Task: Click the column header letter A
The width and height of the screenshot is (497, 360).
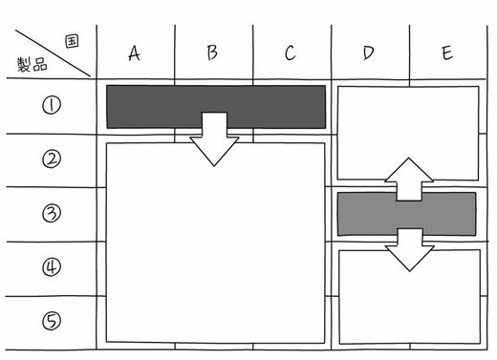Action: point(134,53)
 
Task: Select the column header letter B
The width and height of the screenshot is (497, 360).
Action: point(212,53)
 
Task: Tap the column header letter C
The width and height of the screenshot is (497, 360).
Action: point(290,53)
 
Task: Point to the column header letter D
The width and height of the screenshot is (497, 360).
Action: point(368,53)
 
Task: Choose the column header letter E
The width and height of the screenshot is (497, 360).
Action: point(447,53)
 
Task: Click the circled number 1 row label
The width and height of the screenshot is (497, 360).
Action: point(52,105)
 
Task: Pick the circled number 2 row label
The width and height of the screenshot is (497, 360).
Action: point(52,159)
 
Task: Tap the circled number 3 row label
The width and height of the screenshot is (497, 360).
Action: point(52,213)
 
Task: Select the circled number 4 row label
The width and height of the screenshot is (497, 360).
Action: point(52,266)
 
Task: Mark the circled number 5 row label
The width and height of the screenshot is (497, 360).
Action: point(52,321)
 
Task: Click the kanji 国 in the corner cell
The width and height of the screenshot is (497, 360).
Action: point(72,41)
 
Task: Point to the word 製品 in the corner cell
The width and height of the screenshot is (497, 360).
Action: point(32,65)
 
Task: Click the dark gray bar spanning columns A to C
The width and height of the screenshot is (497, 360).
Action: point(153,107)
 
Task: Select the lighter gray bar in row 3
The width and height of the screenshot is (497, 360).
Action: point(366,214)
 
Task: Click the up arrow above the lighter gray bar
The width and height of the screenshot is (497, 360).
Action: point(409,180)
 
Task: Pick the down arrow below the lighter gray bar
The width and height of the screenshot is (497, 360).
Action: point(410,250)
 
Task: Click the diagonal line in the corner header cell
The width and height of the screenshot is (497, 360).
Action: point(53,53)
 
